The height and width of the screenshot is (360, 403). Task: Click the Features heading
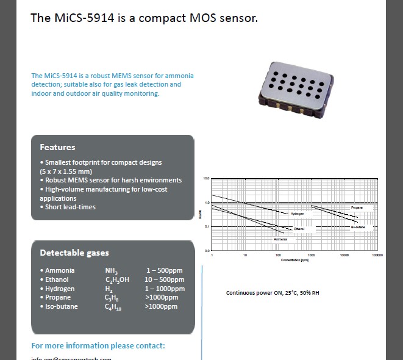57,147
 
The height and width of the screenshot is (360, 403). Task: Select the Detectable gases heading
74,253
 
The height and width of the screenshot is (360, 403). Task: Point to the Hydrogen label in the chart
297,214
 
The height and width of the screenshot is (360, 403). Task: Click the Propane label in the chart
357,208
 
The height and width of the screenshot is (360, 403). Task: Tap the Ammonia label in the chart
280,239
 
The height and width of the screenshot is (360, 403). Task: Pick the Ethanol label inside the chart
299,228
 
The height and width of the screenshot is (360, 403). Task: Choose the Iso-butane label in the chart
358,228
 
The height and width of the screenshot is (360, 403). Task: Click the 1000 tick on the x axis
311,254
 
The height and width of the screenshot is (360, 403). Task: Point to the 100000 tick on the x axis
377,254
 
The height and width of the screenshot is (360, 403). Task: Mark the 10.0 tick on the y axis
206,178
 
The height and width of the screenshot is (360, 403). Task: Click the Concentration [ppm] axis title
295,261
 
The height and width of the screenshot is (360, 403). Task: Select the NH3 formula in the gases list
112,270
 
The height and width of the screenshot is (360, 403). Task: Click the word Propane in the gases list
58,297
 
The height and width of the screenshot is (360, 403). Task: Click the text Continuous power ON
254,293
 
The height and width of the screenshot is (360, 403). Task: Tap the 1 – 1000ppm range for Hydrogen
165,289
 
